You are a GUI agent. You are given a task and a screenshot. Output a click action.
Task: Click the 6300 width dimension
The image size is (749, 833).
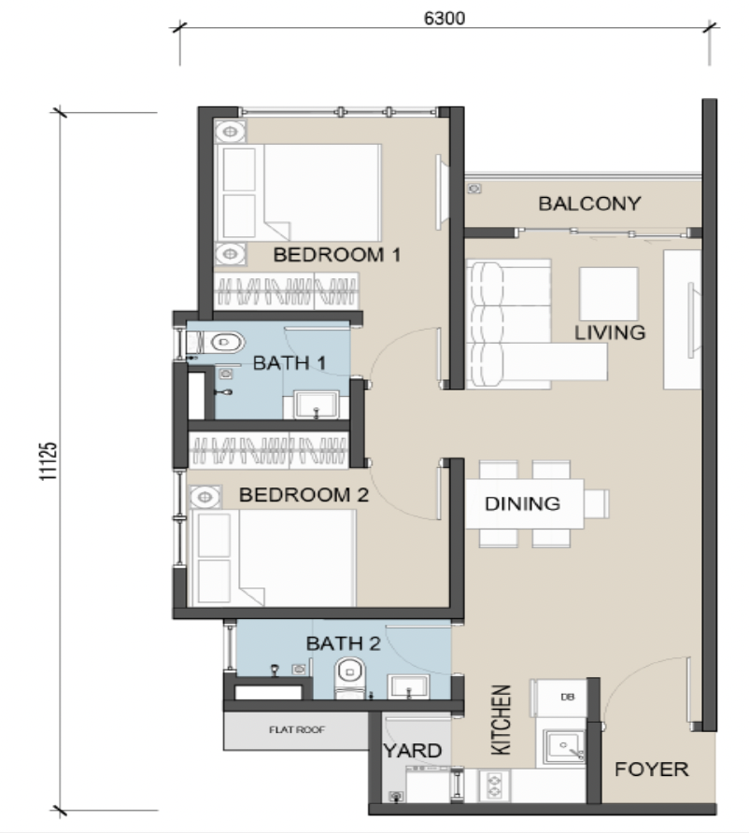click(445, 18)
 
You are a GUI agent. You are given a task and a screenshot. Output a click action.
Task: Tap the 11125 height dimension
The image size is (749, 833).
click(48, 461)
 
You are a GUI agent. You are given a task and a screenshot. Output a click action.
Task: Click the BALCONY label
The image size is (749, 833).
click(589, 204)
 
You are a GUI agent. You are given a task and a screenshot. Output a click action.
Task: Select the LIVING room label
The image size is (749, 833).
click(610, 332)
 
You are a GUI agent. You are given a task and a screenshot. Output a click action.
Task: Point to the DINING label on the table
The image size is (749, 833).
click(523, 503)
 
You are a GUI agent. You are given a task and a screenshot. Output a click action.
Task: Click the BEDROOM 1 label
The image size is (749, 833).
click(337, 255)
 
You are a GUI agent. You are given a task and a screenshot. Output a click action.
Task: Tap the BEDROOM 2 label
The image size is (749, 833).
click(304, 495)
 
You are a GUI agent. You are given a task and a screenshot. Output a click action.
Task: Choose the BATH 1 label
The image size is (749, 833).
click(289, 363)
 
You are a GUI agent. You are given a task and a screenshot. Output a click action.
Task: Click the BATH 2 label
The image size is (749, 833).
click(343, 643)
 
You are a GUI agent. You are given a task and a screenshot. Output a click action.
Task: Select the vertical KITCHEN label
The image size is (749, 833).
click(501, 720)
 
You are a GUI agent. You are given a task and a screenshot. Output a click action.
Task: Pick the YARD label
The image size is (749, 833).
click(413, 751)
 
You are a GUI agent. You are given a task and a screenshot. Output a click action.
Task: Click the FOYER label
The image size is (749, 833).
click(652, 769)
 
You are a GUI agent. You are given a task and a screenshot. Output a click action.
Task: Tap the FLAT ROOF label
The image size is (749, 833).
click(296, 730)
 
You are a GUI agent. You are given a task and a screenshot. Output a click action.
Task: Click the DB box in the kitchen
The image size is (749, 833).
click(561, 697)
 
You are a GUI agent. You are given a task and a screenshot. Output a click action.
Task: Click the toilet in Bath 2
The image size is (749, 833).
click(350, 678)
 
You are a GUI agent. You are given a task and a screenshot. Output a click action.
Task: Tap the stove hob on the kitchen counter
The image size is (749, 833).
click(494, 785)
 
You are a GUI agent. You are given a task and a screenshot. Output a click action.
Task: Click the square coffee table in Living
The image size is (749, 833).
click(609, 294)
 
